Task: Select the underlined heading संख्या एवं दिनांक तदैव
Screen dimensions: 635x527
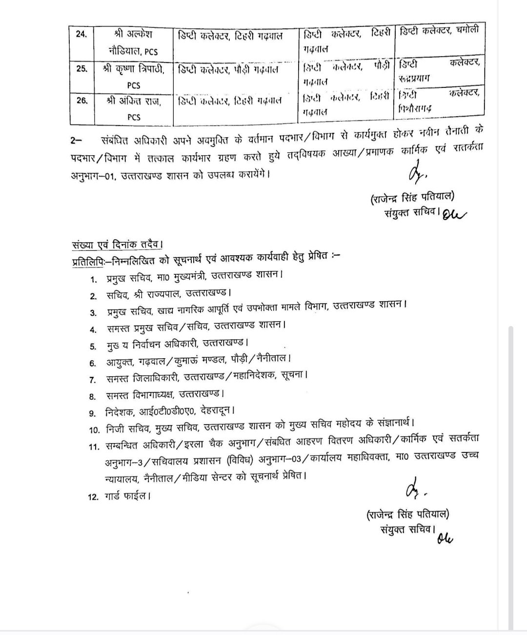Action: point(116,245)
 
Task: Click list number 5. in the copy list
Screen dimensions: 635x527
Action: point(93,347)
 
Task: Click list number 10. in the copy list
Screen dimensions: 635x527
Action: point(94,430)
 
